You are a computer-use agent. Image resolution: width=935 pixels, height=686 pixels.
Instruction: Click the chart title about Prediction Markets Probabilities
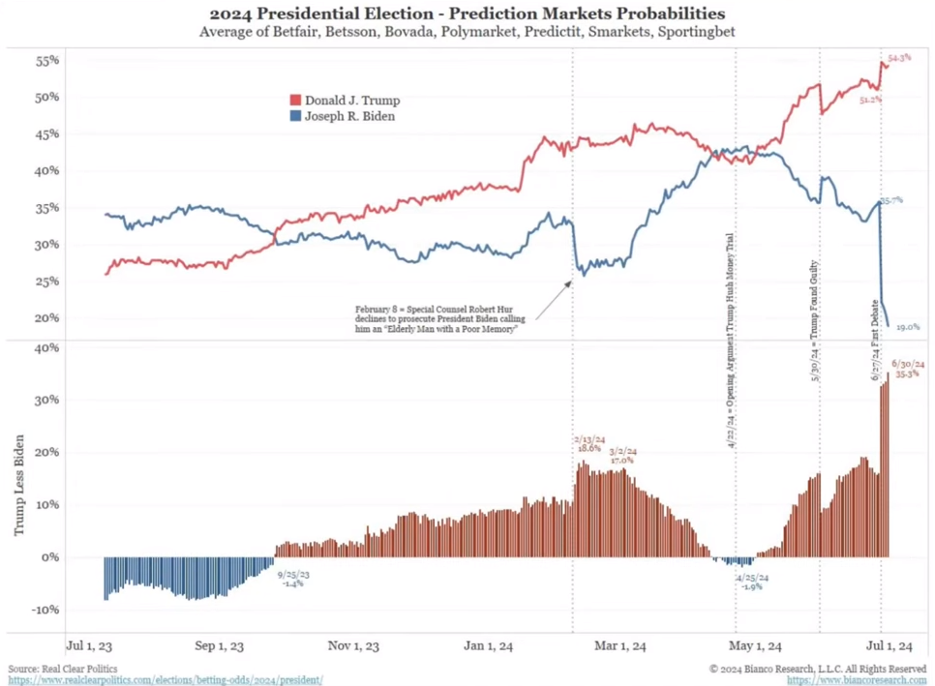tap(467, 14)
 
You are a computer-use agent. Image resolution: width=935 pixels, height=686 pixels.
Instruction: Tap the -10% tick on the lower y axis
tap(45, 610)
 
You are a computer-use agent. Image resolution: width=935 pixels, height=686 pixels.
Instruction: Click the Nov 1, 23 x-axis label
tap(353, 646)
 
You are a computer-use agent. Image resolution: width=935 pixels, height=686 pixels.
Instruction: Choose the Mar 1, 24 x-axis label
tap(619, 646)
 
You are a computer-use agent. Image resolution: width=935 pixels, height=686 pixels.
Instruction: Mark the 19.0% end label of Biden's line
tap(907, 327)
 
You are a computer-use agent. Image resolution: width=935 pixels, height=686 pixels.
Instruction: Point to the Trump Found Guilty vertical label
tap(815, 322)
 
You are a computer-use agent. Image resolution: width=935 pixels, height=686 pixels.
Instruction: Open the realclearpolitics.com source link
tap(166, 679)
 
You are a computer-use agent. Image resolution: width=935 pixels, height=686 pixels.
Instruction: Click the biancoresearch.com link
tap(857, 679)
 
